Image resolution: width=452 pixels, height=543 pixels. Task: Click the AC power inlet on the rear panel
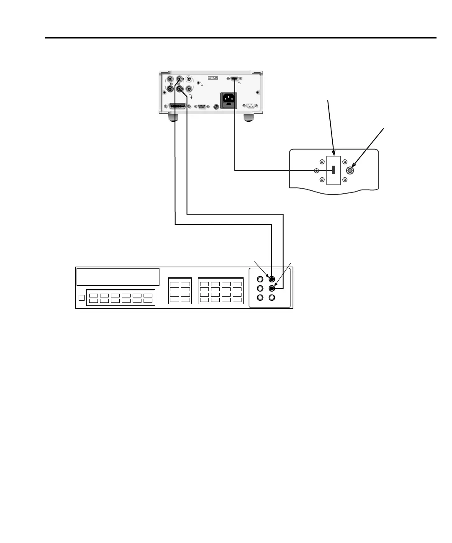click(x=229, y=100)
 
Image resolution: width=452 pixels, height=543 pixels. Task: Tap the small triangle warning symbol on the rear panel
click(x=239, y=83)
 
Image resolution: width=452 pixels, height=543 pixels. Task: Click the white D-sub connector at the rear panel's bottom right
click(x=251, y=106)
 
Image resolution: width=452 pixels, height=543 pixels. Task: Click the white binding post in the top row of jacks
click(x=189, y=79)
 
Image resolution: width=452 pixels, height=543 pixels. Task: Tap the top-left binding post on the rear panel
click(x=170, y=79)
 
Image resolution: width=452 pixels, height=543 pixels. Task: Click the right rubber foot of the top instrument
click(x=249, y=118)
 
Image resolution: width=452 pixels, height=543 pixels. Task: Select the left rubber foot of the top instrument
click(x=173, y=118)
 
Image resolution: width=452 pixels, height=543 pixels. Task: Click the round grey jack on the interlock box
click(x=351, y=170)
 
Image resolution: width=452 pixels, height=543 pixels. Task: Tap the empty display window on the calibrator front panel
click(x=118, y=277)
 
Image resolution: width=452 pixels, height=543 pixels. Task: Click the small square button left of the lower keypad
click(x=82, y=298)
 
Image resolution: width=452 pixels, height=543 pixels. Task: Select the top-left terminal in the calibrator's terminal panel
click(x=260, y=279)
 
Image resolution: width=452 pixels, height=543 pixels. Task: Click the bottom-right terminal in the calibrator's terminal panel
click(x=272, y=297)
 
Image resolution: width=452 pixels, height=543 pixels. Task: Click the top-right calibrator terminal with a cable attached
click(x=272, y=279)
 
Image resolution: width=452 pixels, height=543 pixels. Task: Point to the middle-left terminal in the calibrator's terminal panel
click(x=260, y=289)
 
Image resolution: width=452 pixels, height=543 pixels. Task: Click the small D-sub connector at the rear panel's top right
click(x=234, y=78)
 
